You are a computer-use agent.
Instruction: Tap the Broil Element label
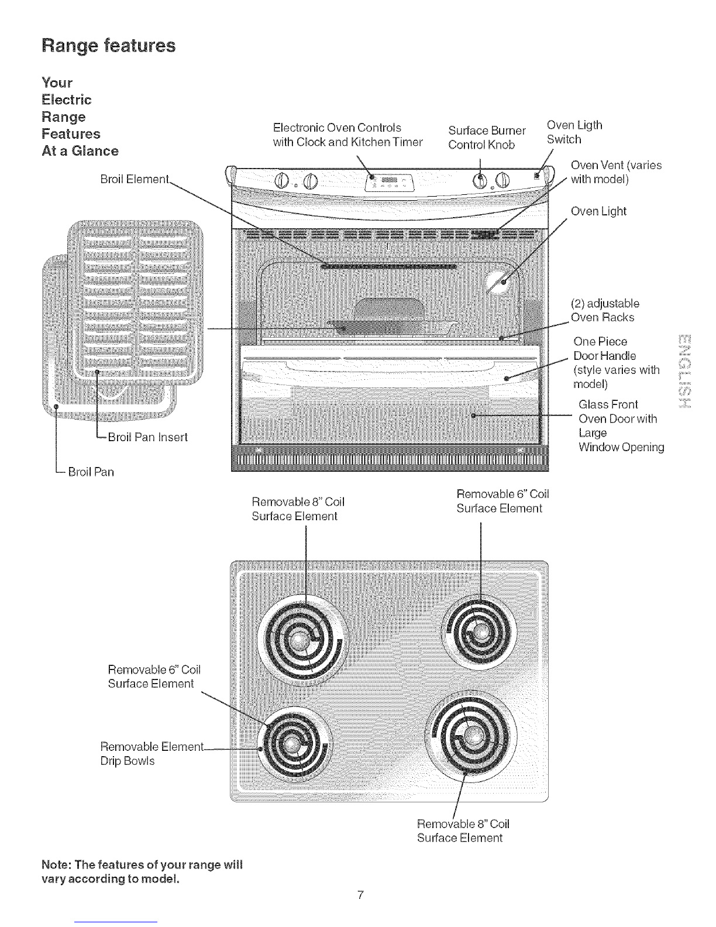[x=135, y=179]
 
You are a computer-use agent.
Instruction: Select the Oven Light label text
[x=598, y=212]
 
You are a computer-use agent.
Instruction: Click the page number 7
[x=360, y=895]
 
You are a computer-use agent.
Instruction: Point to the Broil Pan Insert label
[x=147, y=437]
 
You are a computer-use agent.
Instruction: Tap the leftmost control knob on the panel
[x=281, y=181]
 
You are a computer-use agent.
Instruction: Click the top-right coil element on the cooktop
[x=479, y=634]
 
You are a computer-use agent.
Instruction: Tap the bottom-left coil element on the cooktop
[x=294, y=744]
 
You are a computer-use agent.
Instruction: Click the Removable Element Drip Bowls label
[x=152, y=753]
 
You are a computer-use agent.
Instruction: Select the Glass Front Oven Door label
[x=621, y=425]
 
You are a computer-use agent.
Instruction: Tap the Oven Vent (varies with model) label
[x=616, y=172]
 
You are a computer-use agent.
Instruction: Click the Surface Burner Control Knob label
[x=487, y=138]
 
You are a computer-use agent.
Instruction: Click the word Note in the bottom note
[x=56, y=865]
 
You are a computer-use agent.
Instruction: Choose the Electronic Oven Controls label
[x=347, y=135]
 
